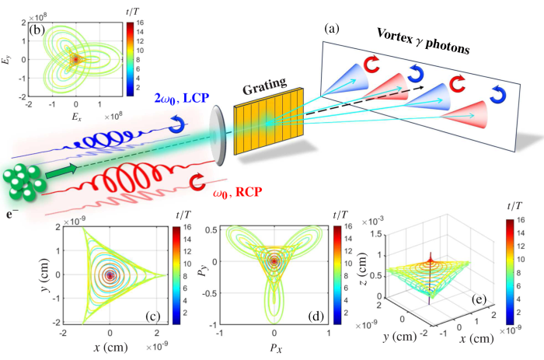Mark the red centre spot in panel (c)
(110, 275)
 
